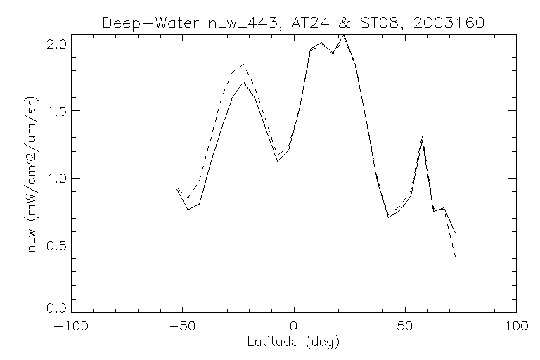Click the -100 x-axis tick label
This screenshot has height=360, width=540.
point(72,328)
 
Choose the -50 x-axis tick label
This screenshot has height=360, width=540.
point(183,328)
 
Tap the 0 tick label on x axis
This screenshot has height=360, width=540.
point(294,328)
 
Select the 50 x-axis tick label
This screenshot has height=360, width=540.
point(405,328)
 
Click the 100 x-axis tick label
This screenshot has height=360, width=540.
point(516,328)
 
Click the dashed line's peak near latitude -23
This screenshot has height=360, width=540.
point(243,65)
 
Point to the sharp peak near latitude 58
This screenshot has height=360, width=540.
point(422,137)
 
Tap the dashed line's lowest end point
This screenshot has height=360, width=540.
point(456,258)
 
